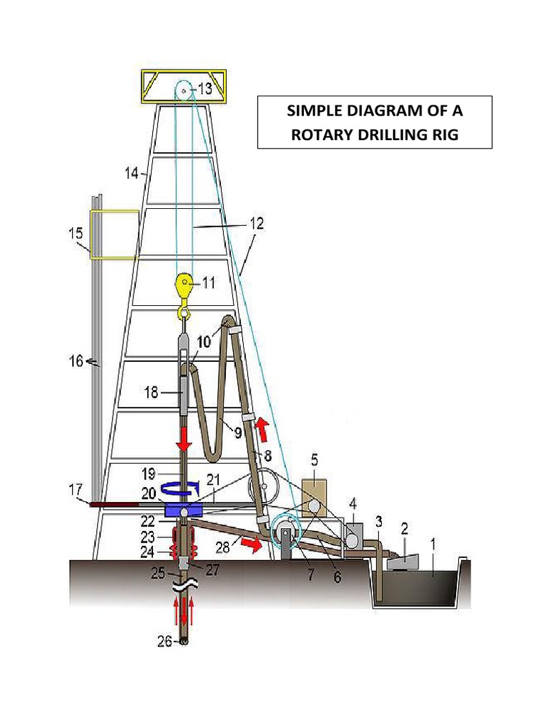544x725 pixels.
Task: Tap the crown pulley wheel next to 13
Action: (x=183, y=91)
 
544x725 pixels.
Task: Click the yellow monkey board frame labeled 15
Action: (x=113, y=234)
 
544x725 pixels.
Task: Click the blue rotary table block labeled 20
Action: (x=183, y=510)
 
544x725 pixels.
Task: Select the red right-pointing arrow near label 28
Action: (x=249, y=544)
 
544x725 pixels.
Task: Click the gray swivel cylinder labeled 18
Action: (x=183, y=393)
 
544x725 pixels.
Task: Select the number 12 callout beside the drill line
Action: (x=256, y=224)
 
